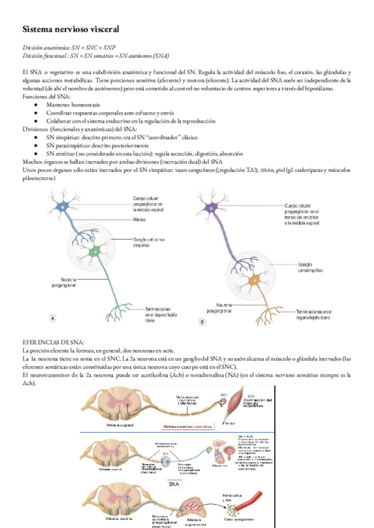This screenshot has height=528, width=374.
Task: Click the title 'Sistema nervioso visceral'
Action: tap(66, 29)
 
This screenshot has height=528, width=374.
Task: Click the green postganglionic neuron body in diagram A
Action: tap(95, 251)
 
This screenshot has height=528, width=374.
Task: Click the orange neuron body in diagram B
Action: tap(253, 281)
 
